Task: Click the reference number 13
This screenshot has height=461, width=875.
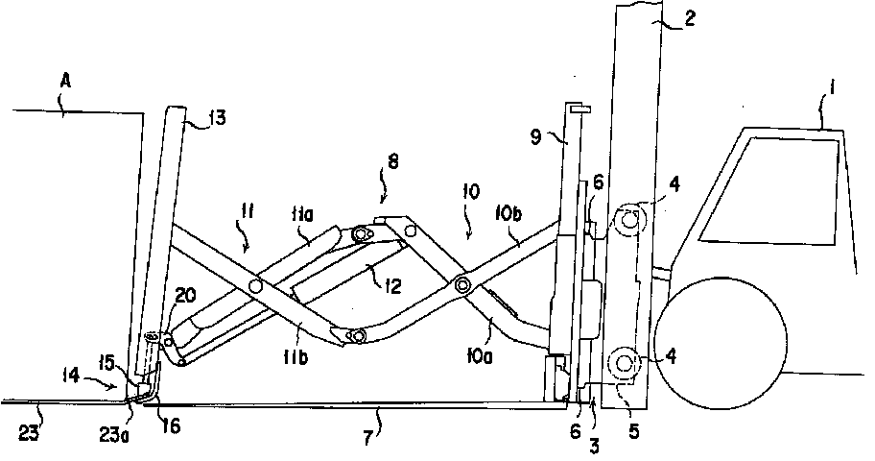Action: pyautogui.click(x=217, y=118)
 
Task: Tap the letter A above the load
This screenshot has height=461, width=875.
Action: pyautogui.click(x=65, y=82)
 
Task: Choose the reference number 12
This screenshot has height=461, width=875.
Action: pyautogui.click(x=392, y=286)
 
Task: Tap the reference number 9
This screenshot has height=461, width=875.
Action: pyautogui.click(x=536, y=137)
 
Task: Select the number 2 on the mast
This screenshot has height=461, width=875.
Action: pyautogui.click(x=689, y=18)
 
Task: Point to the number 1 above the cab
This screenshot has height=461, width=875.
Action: pyautogui.click(x=831, y=88)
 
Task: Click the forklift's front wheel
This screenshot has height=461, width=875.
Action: pyautogui.click(x=721, y=339)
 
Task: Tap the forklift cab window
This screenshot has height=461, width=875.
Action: pyautogui.click(x=770, y=190)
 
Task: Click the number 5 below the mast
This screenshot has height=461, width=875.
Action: pyautogui.click(x=633, y=432)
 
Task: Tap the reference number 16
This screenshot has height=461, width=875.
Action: pyautogui.click(x=173, y=427)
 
